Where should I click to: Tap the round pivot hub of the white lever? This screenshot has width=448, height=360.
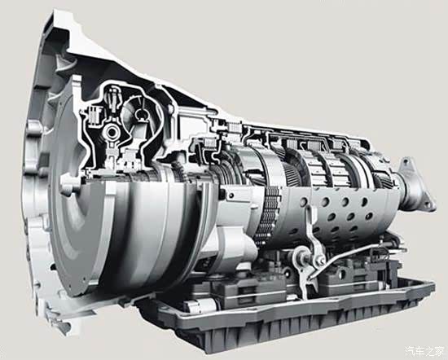301,256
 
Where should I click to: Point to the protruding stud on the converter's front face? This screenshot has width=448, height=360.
68,185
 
